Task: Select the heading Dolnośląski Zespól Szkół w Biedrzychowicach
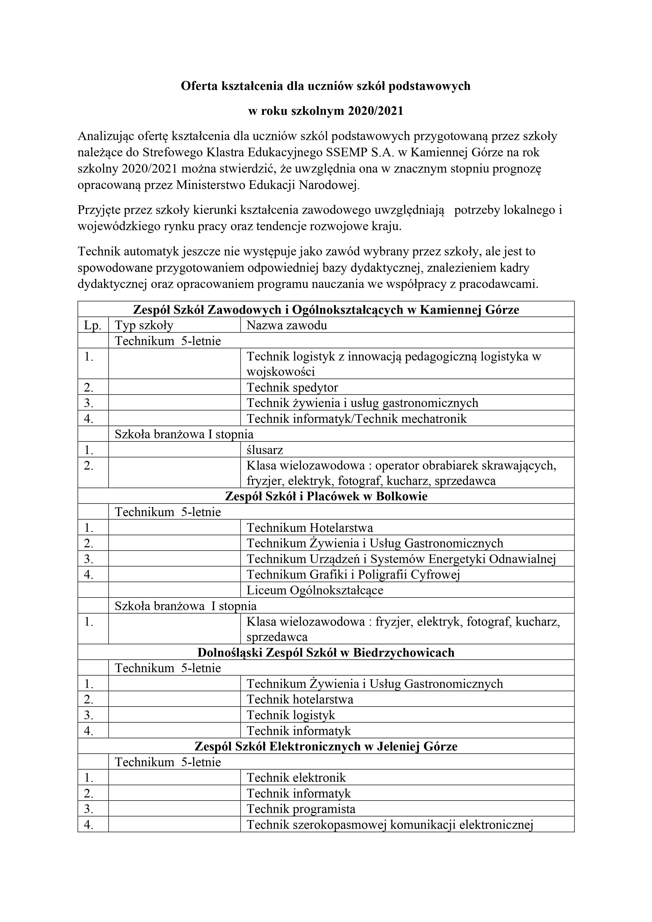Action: pos(326,653)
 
